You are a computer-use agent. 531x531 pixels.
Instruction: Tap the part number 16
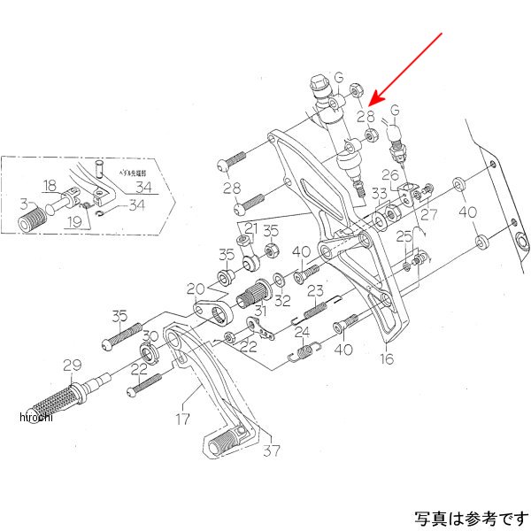click(387, 358)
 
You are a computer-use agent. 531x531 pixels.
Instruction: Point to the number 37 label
click(271, 450)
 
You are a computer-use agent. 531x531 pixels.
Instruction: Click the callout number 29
click(72, 363)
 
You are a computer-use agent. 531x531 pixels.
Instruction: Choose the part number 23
click(314, 290)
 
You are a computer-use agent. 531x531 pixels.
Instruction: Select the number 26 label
click(390, 173)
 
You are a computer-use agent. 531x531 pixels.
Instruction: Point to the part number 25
click(404, 235)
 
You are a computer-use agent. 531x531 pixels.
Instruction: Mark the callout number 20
click(195, 288)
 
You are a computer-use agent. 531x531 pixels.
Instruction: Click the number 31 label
click(259, 310)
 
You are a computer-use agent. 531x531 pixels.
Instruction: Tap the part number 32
click(282, 301)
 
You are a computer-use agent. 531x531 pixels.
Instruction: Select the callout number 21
click(251, 229)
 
